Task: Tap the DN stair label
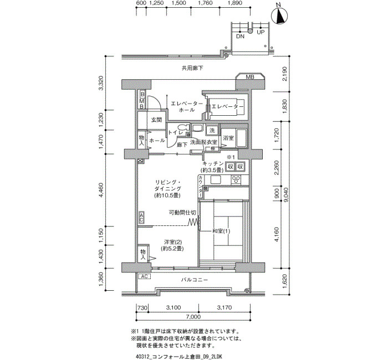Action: [240, 37]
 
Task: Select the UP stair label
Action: [261, 32]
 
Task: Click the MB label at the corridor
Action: [250, 77]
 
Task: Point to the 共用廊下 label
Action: [192, 68]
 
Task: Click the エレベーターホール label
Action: [187, 107]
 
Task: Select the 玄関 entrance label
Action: [156, 120]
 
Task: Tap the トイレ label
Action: [175, 132]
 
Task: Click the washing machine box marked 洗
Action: [212, 130]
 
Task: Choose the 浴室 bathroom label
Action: [228, 138]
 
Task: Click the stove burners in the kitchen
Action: [236, 180]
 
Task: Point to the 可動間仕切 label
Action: [182, 212]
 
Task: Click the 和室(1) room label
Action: [221, 231]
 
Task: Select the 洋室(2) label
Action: [172, 245]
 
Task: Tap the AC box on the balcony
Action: [144, 276]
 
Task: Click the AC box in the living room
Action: [141, 217]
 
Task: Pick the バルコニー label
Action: [195, 280]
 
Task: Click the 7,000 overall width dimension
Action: [194, 317]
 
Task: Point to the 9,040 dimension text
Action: [287, 195]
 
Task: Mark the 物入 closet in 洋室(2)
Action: [143, 254]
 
